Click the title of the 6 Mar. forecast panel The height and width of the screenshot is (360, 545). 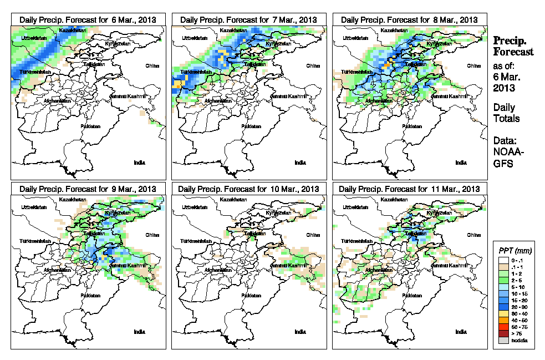(x=88, y=19)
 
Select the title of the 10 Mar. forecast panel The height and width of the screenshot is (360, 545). (x=248, y=189)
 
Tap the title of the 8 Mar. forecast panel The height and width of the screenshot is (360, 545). (x=409, y=19)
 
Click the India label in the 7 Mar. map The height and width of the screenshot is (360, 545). (x=300, y=163)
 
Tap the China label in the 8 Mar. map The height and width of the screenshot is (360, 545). (x=473, y=65)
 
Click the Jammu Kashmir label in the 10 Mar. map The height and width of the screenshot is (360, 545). (x=289, y=266)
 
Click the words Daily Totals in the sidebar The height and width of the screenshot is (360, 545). (x=505, y=113)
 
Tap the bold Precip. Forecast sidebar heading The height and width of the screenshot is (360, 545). (x=513, y=46)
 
